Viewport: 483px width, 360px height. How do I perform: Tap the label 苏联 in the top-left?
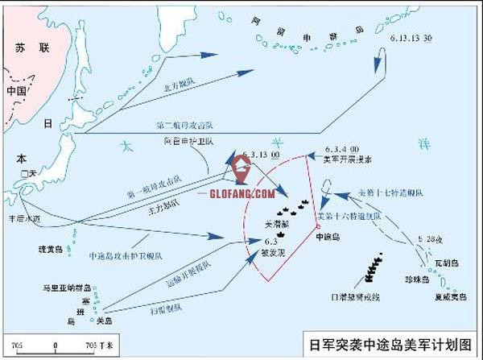27,48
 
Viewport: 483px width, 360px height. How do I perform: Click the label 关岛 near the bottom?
103,320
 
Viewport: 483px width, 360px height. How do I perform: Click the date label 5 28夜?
431,238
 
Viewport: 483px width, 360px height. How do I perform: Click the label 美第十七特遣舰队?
385,193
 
